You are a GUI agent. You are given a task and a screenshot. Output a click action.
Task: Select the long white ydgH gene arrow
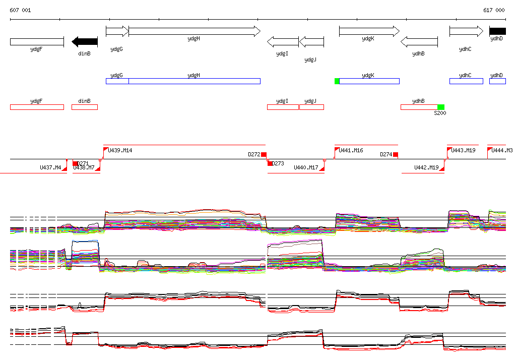[x=194, y=31]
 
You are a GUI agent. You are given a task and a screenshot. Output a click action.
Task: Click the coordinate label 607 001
[x=20, y=10]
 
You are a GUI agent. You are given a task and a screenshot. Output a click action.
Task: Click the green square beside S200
[x=441, y=107]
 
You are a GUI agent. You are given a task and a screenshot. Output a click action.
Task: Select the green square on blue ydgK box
[x=337, y=81]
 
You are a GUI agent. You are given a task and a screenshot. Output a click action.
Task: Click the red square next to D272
[x=264, y=154]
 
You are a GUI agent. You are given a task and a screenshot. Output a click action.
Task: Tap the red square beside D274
[x=396, y=154]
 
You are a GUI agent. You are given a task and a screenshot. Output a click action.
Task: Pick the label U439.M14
[x=121, y=150]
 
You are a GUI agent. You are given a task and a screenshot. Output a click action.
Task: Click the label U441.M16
[x=351, y=150]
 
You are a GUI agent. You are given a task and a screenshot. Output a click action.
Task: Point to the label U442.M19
[x=426, y=167]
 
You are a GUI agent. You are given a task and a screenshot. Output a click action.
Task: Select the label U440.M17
[x=306, y=167]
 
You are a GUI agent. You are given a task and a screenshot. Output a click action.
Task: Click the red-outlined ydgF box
[x=37, y=107]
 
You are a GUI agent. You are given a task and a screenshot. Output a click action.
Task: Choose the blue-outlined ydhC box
[x=466, y=81]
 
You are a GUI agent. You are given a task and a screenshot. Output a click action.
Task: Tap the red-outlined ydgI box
[x=283, y=107]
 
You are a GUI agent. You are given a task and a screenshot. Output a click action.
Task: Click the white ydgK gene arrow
[x=369, y=31]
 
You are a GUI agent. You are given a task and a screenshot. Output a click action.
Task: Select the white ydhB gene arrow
[x=419, y=41]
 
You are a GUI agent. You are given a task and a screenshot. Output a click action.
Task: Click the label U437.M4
[x=50, y=167]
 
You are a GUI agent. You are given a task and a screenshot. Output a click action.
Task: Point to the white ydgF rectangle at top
[x=37, y=41]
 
